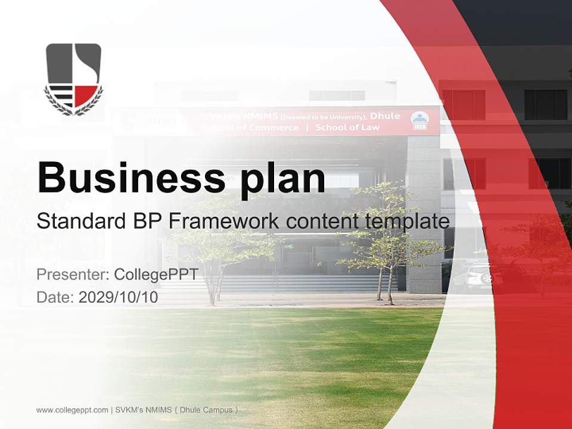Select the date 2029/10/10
(118, 297)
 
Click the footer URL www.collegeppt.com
(72, 410)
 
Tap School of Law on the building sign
(347, 128)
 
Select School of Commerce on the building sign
(251, 128)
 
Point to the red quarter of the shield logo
(85, 95)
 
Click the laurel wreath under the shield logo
(73, 106)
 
